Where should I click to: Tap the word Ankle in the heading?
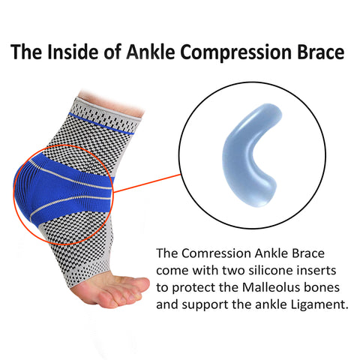click(151, 52)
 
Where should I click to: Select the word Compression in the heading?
click(236, 53)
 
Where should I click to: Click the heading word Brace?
click(321, 52)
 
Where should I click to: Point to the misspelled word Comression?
click(216, 253)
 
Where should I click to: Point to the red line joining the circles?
click(147, 183)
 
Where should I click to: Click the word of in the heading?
click(111, 52)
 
